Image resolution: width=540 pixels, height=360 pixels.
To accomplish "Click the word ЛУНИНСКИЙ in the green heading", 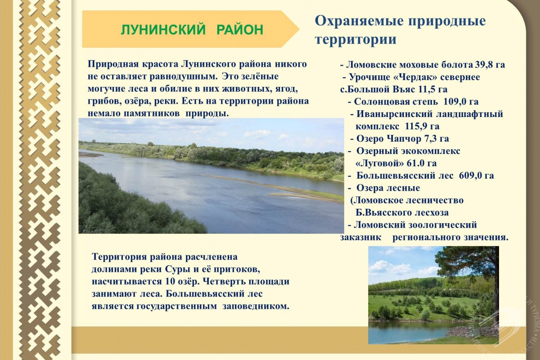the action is point(163,30).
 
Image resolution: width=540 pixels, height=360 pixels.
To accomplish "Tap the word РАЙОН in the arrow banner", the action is point(240,30).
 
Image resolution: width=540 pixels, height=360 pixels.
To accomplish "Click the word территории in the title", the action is point(355,39).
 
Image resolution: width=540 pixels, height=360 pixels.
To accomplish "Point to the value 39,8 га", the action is point(490,65).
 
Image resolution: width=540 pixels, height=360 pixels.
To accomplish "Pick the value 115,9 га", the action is point(422,126).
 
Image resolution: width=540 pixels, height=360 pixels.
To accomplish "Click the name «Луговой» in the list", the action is point(380,163).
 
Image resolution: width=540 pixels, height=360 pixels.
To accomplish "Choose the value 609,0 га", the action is point(477,175).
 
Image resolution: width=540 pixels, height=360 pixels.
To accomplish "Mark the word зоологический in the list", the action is point(443,225).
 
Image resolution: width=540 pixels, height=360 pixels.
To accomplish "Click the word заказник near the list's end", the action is point(361,238).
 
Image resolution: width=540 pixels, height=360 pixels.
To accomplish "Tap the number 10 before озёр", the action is point(171,282).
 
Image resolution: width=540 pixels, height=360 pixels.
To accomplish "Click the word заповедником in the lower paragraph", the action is point(256,306).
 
